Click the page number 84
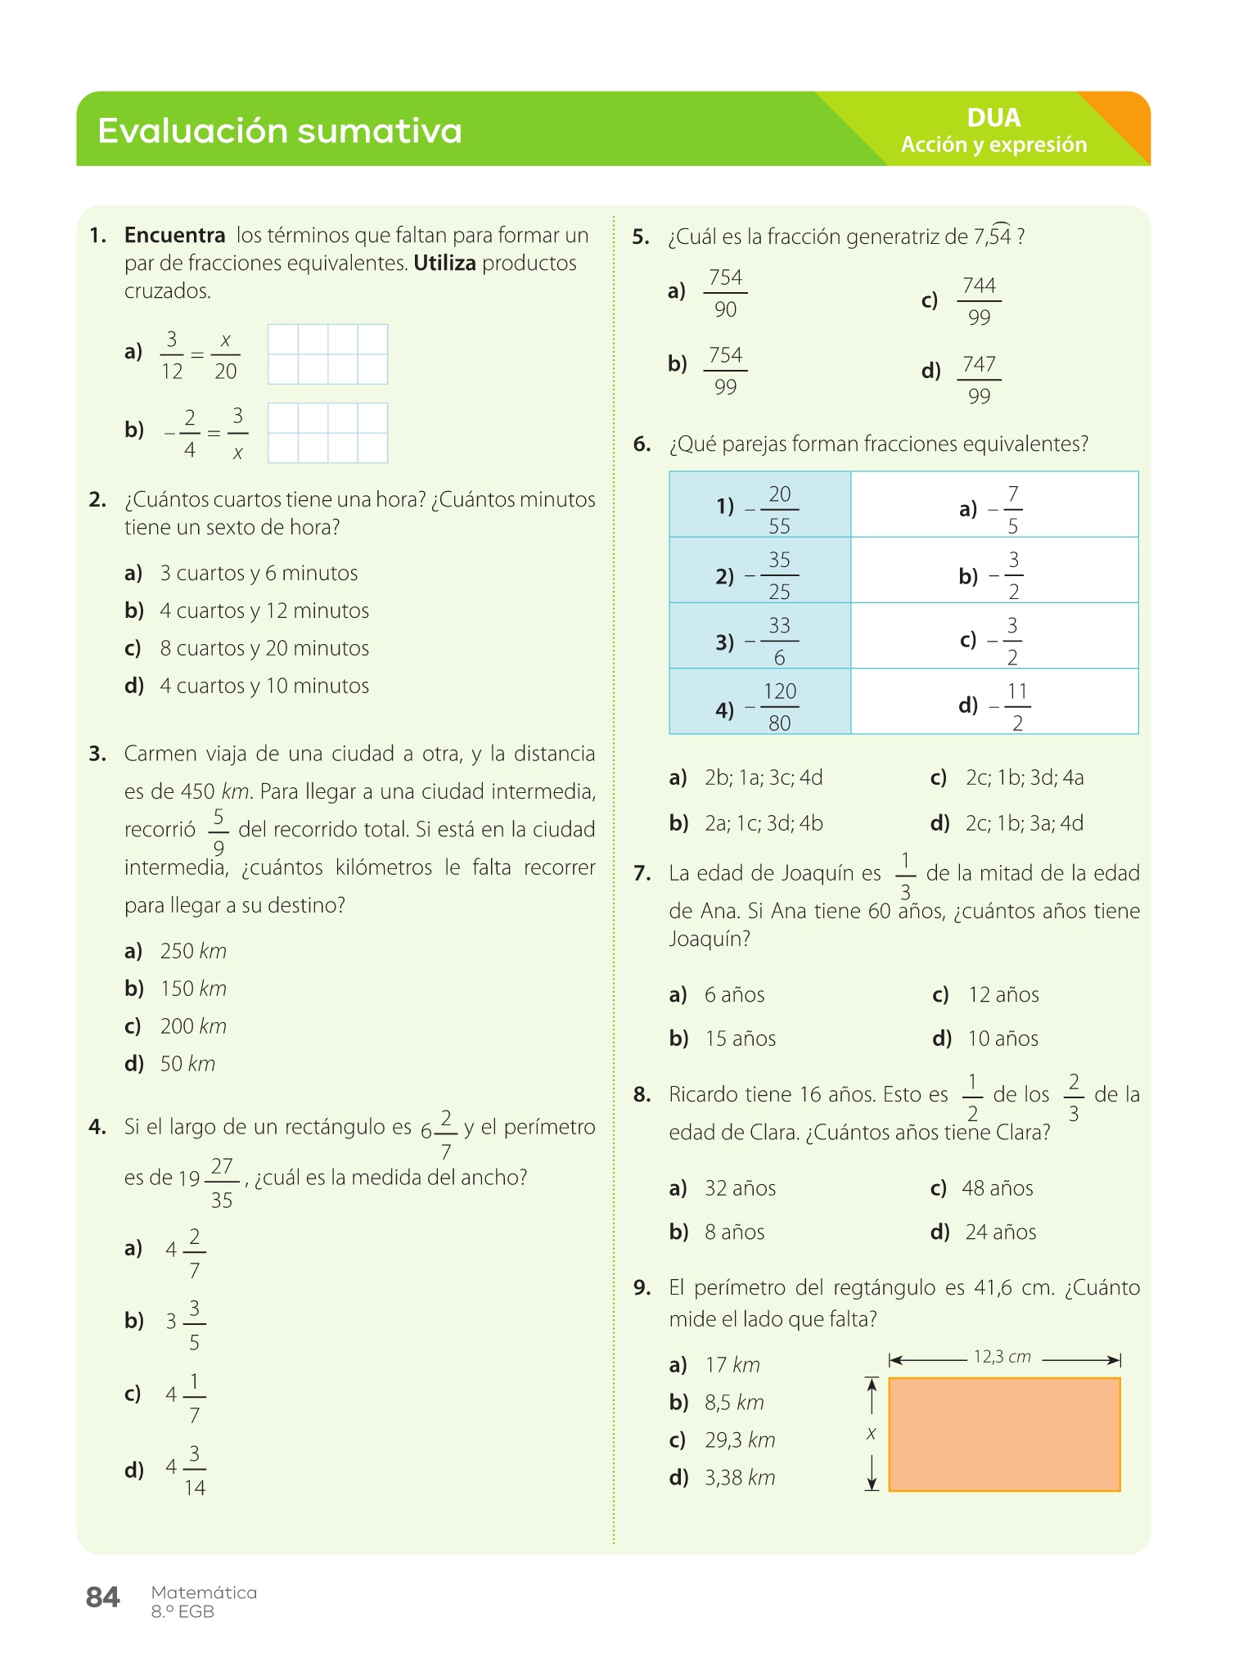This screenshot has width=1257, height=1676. pos(102,1597)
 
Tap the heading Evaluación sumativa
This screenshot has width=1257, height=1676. pos(280,131)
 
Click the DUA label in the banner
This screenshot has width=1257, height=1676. pos(993,118)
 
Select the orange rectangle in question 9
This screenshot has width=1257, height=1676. pos(1004,1434)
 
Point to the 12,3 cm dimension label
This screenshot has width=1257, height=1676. pos(1002,1357)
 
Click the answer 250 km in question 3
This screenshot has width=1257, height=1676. pos(193,951)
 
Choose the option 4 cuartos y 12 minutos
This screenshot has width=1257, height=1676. pos(264,610)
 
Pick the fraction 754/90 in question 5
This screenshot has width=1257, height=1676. pos(725,293)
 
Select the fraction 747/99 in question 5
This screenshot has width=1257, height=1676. pos(979,380)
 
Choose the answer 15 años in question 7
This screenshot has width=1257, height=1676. pos(740,1038)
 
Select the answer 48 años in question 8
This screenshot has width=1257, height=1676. pos(997,1188)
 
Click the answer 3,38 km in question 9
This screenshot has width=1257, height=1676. pos(740,1478)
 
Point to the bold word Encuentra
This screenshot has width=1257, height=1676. pos(174,236)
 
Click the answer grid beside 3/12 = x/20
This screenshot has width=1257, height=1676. pos(327,354)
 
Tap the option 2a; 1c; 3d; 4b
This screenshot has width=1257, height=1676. pos(764,823)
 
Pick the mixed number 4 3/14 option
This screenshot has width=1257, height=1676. pos(186,1470)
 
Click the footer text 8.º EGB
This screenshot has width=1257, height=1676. pos(182,1612)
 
